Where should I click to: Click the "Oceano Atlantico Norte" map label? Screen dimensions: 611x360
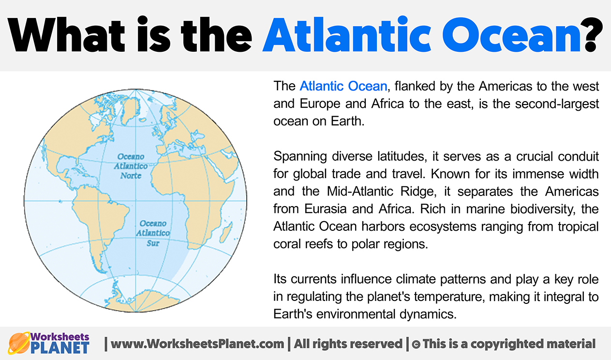(x=131, y=166)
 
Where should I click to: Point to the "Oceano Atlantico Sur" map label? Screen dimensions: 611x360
(x=153, y=233)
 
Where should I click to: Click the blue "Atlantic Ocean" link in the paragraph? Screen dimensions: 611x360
(x=343, y=86)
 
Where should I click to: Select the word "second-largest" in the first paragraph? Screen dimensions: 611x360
(x=557, y=104)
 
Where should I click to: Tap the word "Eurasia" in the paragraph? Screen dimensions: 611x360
(x=325, y=209)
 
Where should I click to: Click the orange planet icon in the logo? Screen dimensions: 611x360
(x=18, y=343)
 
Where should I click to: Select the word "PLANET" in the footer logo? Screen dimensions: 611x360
(x=60, y=347)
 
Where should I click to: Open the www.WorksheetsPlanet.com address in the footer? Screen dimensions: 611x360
(x=197, y=344)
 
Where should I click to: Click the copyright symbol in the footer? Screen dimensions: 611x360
(x=416, y=344)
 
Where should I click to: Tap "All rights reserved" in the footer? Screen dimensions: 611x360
(x=348, y=344)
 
